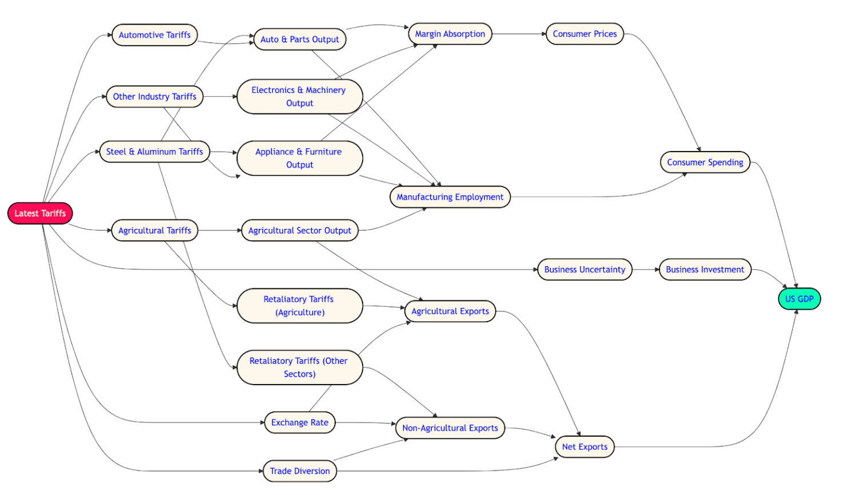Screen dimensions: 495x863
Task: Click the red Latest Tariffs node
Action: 40,213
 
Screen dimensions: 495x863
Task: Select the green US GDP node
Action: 799,299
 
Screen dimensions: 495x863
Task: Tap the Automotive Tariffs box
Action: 154,35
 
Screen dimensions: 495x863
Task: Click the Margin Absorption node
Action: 450,34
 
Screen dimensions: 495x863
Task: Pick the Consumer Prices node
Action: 584,34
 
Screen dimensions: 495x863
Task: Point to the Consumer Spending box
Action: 705,163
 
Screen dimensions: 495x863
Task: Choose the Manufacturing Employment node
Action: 450,197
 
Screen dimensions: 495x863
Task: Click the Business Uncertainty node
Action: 584,270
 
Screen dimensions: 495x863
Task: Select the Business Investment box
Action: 705,270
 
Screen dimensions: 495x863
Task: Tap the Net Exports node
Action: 584,447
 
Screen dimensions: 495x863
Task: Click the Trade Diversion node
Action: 300,471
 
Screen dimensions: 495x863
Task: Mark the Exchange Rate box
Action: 300,423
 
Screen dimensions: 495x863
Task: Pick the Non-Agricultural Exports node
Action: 450,428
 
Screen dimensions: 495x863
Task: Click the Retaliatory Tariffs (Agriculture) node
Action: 300,306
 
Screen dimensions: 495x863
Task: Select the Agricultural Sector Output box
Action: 300,231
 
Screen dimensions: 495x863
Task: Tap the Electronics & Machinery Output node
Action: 300,97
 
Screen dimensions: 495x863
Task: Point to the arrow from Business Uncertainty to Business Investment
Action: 646,270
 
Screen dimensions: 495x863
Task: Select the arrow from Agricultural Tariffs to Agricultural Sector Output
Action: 220,231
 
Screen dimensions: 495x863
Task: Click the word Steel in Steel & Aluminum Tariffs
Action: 116,152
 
